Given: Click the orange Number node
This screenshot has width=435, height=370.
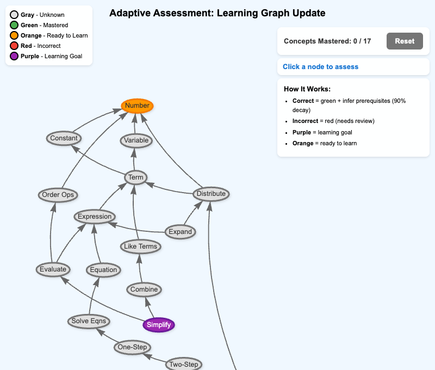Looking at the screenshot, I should pyautogui.click(x=137, y=106).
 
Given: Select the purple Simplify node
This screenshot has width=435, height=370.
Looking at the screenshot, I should pyautogui.click(x=159, y=325).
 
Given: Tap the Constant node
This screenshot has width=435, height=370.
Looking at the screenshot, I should pyautogui.click(x=64, y=138).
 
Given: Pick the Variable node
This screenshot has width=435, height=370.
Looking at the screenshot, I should pyautogui.click(x=136, y=140).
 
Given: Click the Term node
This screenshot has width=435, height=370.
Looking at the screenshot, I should pyautogui.click(x=135, y=177).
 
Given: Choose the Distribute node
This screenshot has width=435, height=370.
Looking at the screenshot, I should pyautogui.click(x=211, y=194).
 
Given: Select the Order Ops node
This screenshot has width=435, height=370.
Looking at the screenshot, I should pyautogui.click(x=58, y=195).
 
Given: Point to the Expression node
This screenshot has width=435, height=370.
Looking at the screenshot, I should pyautogui.click(x=95, y=217).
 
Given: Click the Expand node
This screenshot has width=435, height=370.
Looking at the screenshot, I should pyautogui.click(x=180, y=232).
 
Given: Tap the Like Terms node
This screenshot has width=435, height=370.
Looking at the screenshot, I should pyautogui.click(x=140, y=246).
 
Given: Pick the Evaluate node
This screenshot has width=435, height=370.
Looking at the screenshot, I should pyautogui.click(x=53, y=269).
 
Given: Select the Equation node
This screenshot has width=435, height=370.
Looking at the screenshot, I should pyautogui.click(x=103, y=270).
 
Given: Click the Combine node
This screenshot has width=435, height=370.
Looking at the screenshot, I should pyautogui.click(x=144, y=289).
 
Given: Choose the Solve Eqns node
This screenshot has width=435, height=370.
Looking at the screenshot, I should pyautogui.click(x=89, y=321).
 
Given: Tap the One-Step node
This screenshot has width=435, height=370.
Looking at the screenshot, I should pyautogui.click(x=133, y=347).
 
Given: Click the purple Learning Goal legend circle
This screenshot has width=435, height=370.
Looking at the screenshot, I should pyautogui.click(x=14, y=56).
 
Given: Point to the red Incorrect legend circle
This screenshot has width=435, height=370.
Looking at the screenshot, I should pyautogui.click(x=14, y=46).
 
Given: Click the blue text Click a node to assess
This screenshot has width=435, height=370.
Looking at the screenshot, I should pyautogui.click(x=320, y=66).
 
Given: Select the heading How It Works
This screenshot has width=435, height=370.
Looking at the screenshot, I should pyautogui.click(x=307, y=89).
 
